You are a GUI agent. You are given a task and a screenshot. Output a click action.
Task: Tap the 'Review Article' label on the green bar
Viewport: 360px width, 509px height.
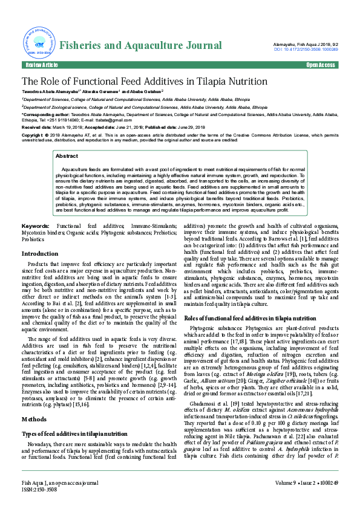pyautogui.click(x=41, y=65)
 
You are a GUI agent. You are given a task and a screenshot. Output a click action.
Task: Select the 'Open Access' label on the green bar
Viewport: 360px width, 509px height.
pyautogui.click(x=320, y=65)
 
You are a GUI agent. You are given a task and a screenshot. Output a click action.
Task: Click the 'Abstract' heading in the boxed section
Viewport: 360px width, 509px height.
pyautogui.click(x=67, y=156)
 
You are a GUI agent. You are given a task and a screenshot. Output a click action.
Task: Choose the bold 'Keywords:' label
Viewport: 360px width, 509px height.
pyautogui.click(x=35, y=225)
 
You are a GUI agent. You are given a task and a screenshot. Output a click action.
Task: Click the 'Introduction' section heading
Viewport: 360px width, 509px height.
pyautogui.click(x=40, y=254)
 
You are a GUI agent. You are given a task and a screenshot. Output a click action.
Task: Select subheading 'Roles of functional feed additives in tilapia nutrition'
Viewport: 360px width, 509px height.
pyautogui.click(x=250, y=318)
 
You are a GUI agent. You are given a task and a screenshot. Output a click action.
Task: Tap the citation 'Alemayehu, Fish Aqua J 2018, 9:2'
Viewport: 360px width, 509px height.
pyautogui.click(x=307, y=44)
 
